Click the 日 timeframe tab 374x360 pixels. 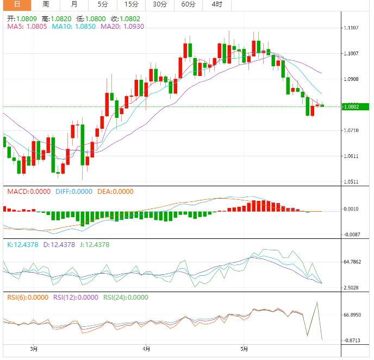[x=17, y=4]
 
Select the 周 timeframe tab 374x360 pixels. [x=46, y=4]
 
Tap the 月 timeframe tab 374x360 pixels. [x=74, y=4]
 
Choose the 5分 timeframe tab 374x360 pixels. [x=102, y=4]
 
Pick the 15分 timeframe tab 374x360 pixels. [x=131, y=4]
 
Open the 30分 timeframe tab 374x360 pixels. [x=160, y=4]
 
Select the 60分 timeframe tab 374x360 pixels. [x=188, y=4]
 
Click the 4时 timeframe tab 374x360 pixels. [x=216, y=4]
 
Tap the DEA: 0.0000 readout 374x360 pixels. [x=115, y=192]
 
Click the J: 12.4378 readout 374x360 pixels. [x=94, y=245]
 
